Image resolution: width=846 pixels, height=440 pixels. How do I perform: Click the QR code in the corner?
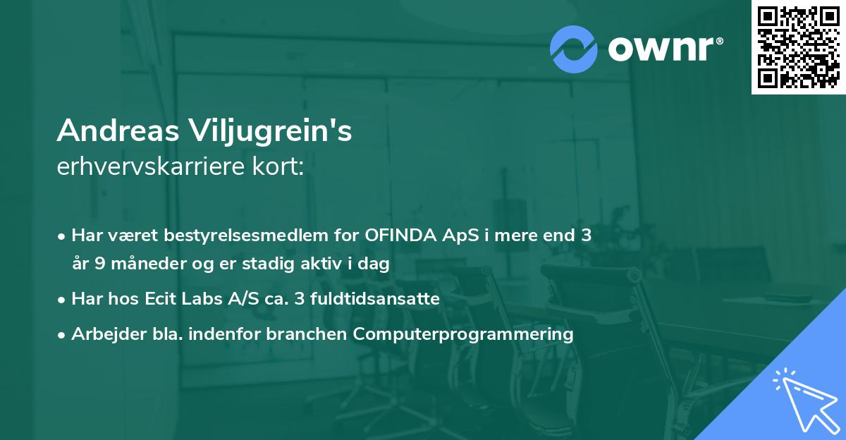tap(799, 47)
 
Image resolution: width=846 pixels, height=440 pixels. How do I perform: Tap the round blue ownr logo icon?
tap(574, 49)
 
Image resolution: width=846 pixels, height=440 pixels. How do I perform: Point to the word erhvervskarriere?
tap(155, 167)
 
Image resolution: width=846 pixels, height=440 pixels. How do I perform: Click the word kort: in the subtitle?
tap(282, 167)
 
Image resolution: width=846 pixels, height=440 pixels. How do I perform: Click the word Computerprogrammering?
tap(463, 334)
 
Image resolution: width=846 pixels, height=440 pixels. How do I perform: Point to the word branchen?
tap(306, 334)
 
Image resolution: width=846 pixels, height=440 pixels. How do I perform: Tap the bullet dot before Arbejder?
tap(62, 335)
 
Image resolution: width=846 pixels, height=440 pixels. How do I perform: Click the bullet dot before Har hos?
tap(62, 300)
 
